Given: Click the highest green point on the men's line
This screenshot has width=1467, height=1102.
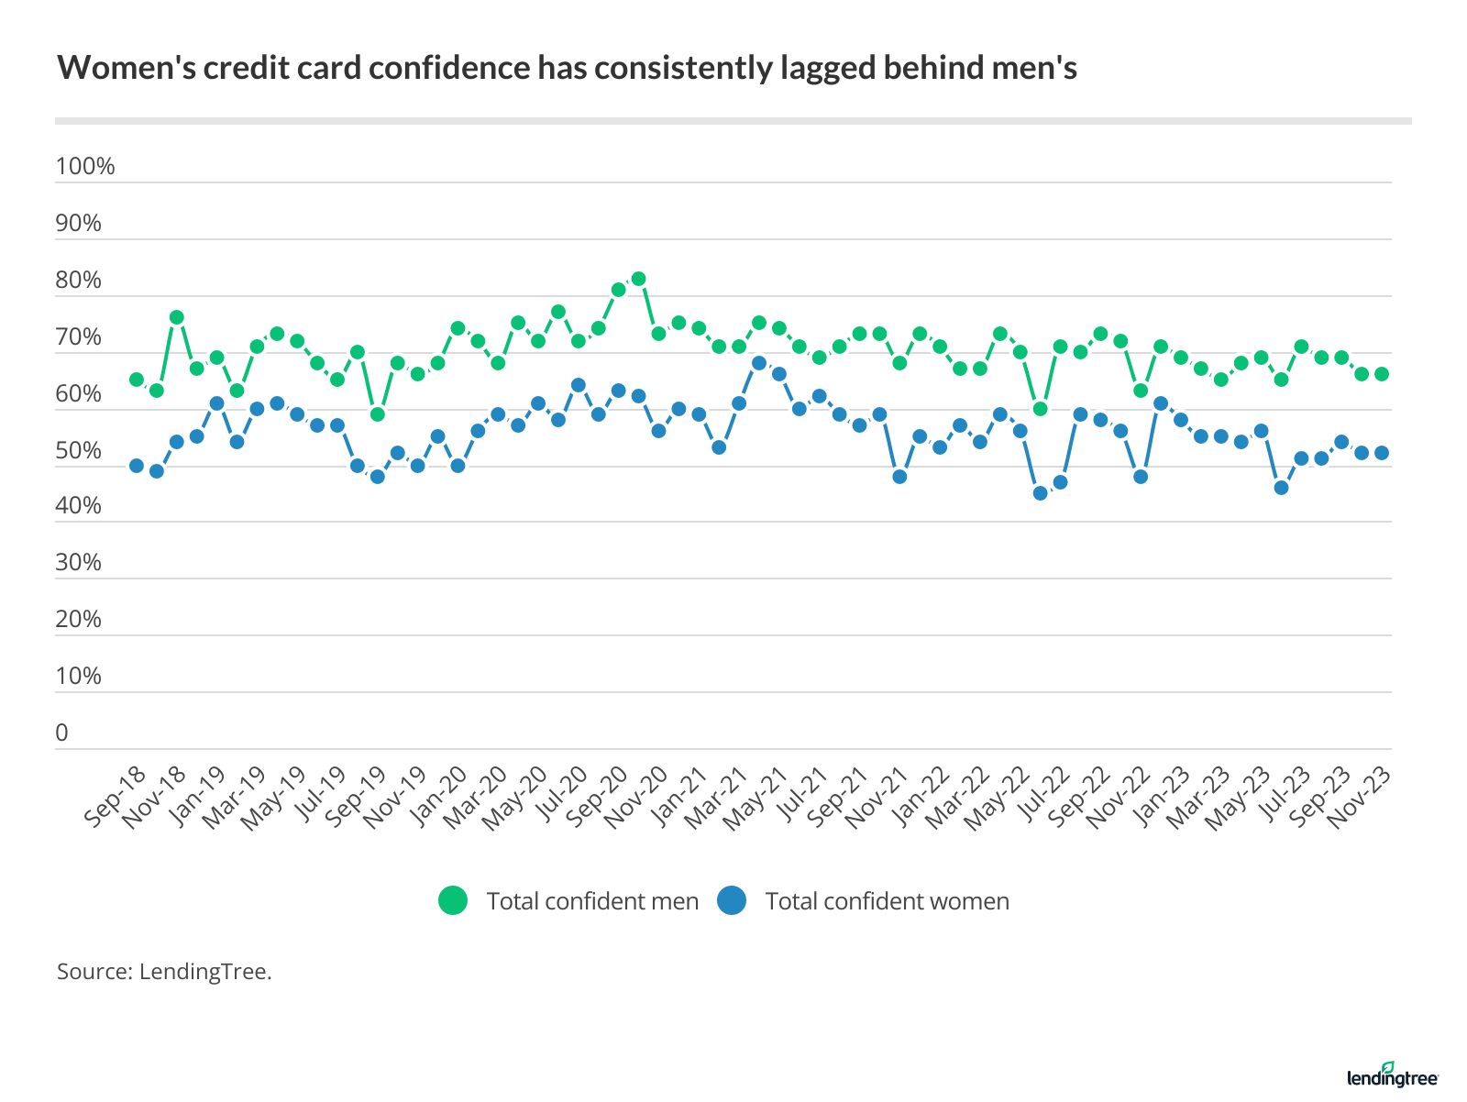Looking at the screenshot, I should [x=638, y=279].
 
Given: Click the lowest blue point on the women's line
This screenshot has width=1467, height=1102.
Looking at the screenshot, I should [x=1040, y=493].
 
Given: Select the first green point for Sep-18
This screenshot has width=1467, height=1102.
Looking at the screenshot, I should [x=137, y=380].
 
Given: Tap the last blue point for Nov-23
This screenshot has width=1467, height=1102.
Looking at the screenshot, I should [x=1382, y=453].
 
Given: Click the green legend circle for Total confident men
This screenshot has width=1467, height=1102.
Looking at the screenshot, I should [x=453, y=901].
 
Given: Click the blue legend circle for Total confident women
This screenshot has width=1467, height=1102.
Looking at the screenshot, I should [x=732, y=901].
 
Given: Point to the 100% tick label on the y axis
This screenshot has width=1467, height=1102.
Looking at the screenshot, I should [x=85, y=167].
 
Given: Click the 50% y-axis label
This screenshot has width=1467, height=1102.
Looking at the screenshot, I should [x=79, y=451].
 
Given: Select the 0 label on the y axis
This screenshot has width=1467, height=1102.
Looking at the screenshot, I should [x=62, y=733].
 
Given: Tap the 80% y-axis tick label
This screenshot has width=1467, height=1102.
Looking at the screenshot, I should [x=79, y=281].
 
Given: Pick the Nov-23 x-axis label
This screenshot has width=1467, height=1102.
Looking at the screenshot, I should [x=1361, y=796].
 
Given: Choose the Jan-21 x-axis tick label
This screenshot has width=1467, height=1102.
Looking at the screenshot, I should [x=678, y=796].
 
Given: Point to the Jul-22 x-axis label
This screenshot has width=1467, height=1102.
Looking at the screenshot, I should [x=1041, y=796].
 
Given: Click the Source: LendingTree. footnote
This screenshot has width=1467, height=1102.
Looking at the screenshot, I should [x=165, y=972].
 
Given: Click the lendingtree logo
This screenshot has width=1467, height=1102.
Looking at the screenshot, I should [x=1392, y=1076].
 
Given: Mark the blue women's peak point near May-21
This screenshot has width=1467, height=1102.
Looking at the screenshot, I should [x=759, y=363].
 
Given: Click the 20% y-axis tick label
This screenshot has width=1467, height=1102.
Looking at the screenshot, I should [x=79, y=620].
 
